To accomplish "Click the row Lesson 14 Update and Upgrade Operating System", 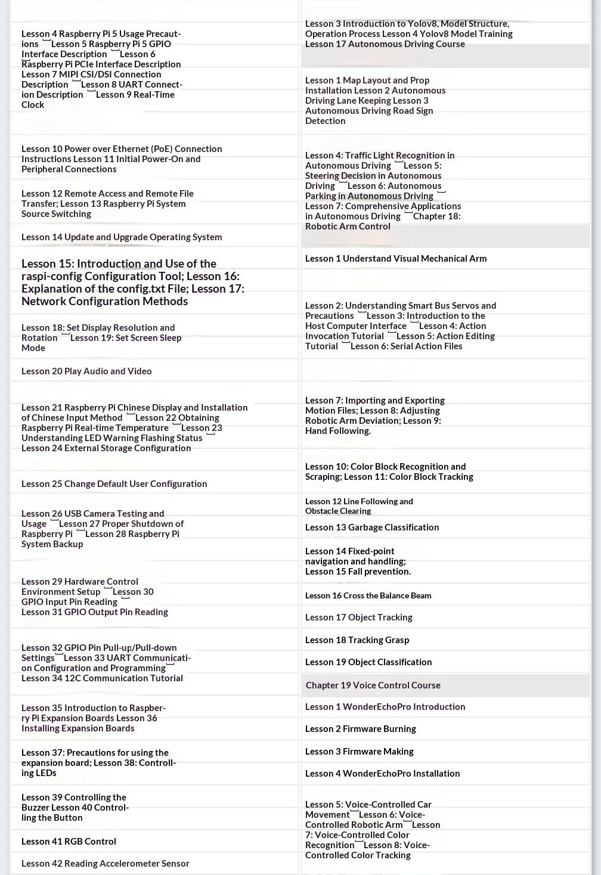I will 122,237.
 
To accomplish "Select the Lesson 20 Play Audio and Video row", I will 86,371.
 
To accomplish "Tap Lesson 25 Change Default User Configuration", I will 114,484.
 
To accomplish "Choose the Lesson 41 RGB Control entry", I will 69,842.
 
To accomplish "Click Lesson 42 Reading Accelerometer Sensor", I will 105,864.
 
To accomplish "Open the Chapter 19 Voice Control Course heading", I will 373,685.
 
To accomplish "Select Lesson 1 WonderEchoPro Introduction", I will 385,707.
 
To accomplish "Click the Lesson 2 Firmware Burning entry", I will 360,729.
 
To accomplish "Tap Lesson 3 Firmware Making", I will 359,752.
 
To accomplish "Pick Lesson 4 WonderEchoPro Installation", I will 382,774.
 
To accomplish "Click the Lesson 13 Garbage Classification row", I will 371,528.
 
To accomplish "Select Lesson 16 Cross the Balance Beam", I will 368,595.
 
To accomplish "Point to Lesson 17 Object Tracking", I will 358,618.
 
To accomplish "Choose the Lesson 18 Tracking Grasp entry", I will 357,640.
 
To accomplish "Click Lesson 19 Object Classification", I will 368,662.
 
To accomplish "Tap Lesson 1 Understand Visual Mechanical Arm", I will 395,259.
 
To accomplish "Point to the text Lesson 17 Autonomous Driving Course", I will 385,44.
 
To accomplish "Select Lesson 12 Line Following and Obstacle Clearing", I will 358,506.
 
